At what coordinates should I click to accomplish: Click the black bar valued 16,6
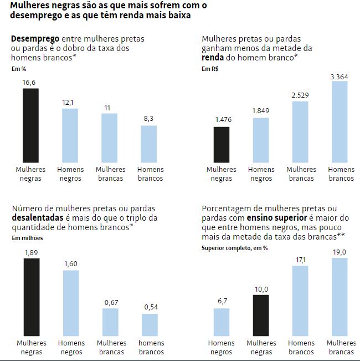[x=30, y=125]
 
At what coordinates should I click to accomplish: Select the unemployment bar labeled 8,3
[x=148, y=143]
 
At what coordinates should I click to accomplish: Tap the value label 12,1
[x=70, y=102]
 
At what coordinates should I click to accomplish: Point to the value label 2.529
[x=300, y=95]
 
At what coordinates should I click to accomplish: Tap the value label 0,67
[x=110, y=302]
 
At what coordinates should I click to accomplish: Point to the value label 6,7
[x=221, y=302]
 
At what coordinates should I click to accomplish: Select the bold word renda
[x=213, y=57]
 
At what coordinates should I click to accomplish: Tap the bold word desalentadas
[x=38, y=217]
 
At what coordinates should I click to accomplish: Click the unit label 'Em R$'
[x=210, y=69]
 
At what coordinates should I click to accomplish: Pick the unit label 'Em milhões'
[x=27, y=238]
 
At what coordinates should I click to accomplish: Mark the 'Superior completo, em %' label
[x=235, y=248]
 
